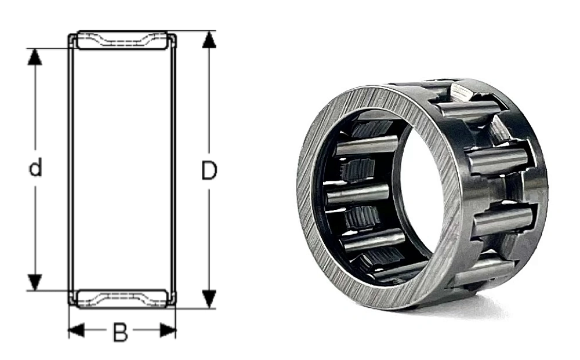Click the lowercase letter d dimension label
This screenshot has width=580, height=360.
tap(35, 169)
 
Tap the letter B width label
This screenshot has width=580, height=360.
tap(120, 333)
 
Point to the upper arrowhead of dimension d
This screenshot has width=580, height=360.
tap(35, 57)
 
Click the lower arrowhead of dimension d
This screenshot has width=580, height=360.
tap(35, 282)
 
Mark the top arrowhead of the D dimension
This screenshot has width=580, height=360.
tap(209, 39)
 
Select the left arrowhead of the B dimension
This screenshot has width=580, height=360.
tap(76, 331)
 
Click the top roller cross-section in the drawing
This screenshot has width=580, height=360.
tap(122, 40)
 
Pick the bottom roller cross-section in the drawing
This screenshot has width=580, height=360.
tap(122, 299)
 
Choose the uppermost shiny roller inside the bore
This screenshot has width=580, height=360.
tap(366, 145)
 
